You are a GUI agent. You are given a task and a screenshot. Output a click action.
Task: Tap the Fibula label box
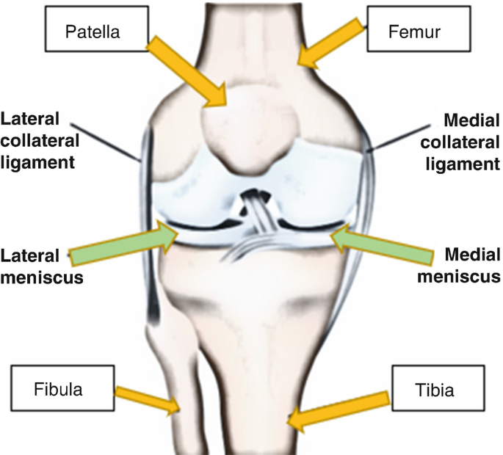pyautogui.click(x=59, y=390)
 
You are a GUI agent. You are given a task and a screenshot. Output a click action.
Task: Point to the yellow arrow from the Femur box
pyautogui.click(x=330, y=44)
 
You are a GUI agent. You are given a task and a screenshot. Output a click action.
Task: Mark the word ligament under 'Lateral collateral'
pyautogui.click(x=37, y=161)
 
